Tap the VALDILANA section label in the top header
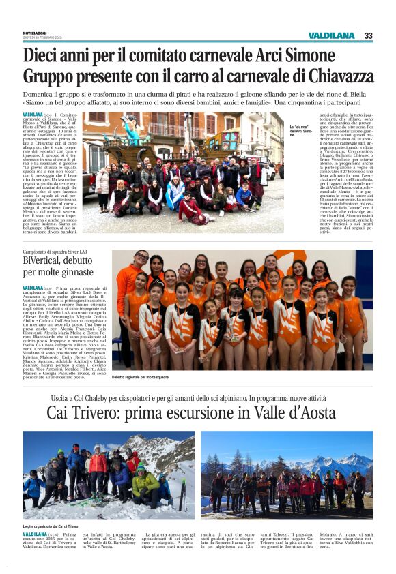330,35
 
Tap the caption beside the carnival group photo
302,130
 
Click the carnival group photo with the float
182,172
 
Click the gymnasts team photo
242,310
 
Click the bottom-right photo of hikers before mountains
286,474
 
